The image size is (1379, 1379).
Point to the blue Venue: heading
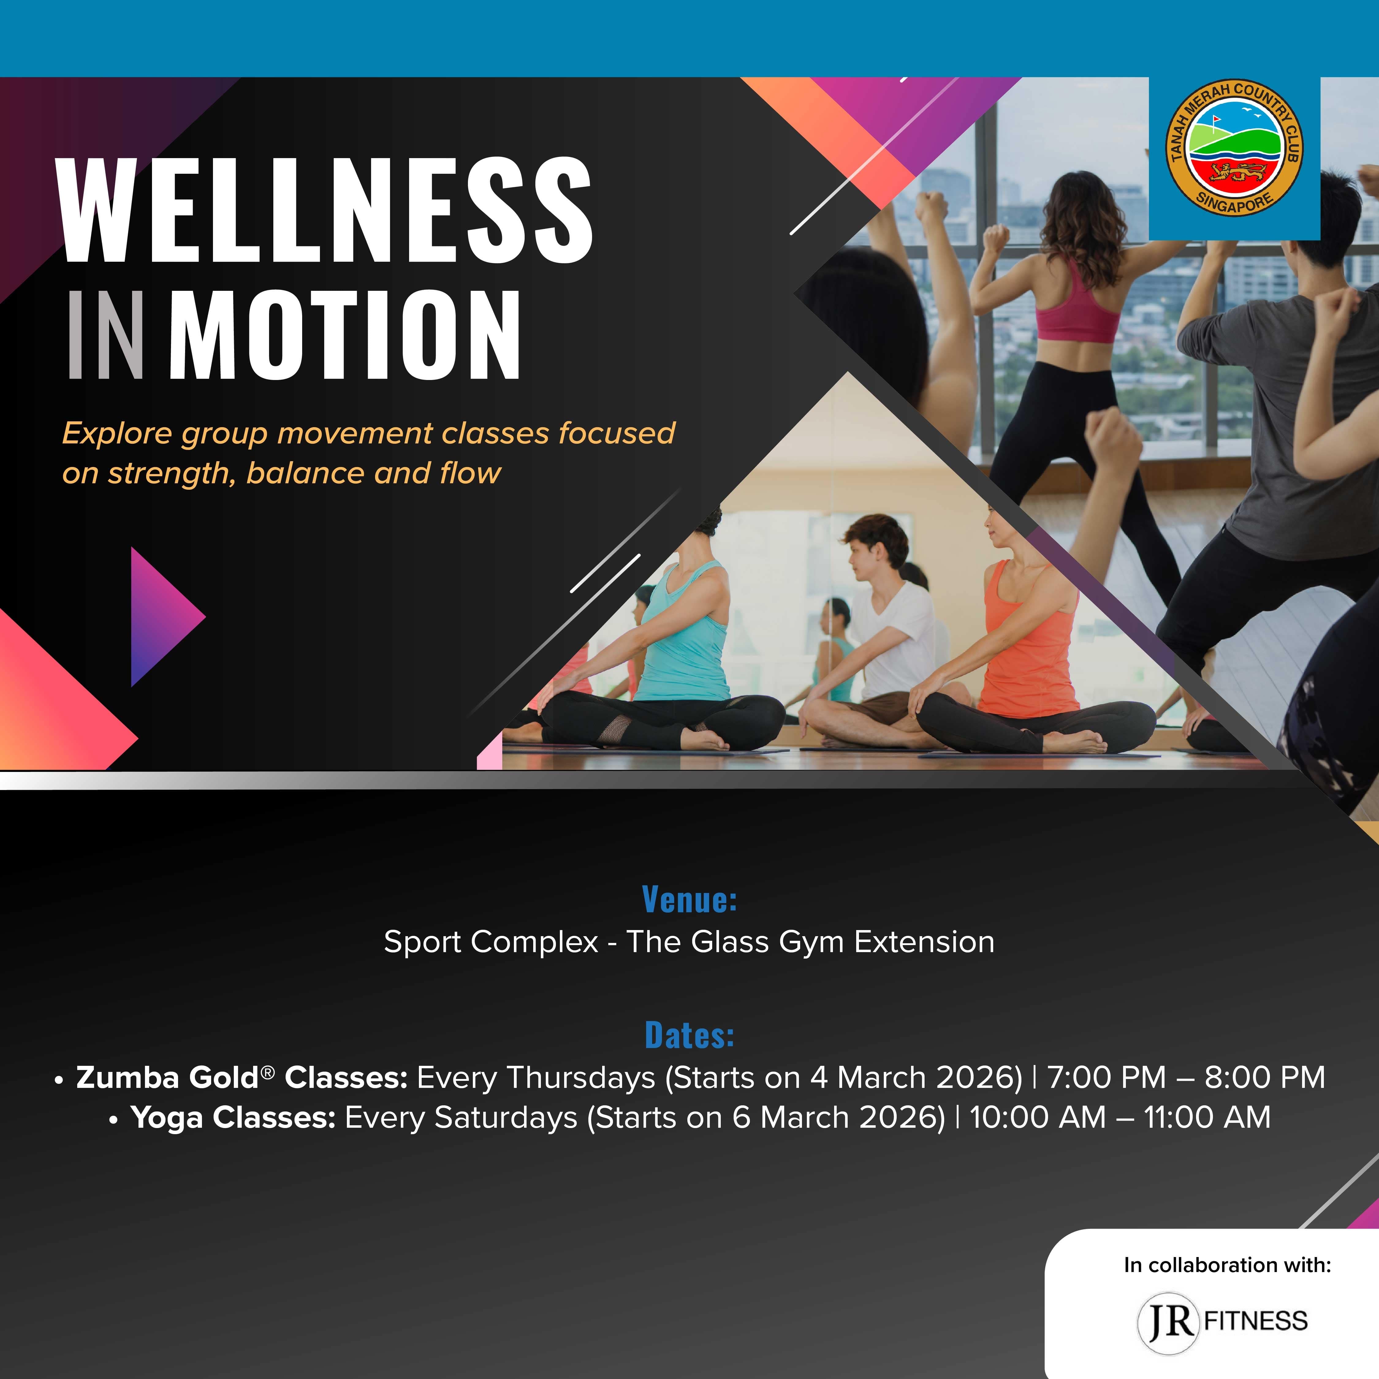(689, 899)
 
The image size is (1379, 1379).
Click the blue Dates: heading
(689, 1035)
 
